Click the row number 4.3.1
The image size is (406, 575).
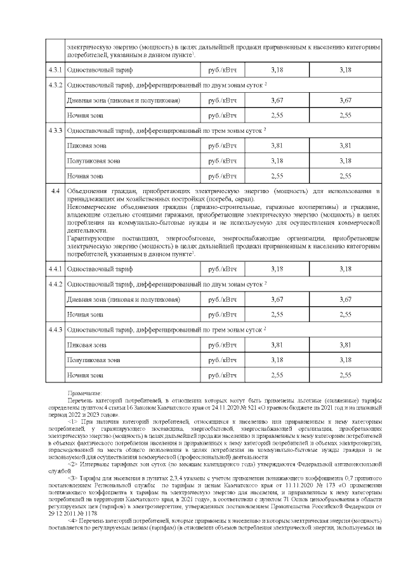pos(56,69)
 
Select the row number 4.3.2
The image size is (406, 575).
pos(56,85)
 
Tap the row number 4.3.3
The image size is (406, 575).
pos(56,130)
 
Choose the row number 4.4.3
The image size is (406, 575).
pos(56,330)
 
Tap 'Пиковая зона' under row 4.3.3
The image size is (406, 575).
pos(88,145)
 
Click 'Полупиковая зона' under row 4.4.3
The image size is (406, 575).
pos(93,360)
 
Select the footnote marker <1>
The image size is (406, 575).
pos(72,421)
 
